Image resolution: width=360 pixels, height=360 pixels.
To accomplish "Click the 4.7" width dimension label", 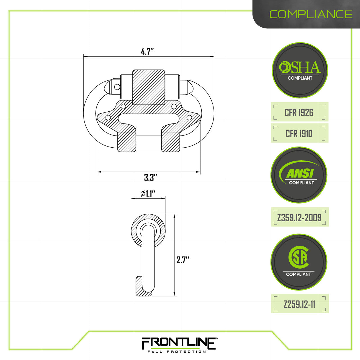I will pyautogui.click(x=147, y=51).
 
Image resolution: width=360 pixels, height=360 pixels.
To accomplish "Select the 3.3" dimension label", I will pyautogui.click(x=150, y=177).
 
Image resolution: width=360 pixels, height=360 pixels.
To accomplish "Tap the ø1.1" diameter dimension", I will pyautogui.click(x=148, y=194).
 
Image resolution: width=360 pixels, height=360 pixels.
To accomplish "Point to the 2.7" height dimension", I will pyautogui.click(x=183, y=260).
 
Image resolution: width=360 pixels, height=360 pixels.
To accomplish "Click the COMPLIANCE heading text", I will pyautogui.click(x=311, y=14).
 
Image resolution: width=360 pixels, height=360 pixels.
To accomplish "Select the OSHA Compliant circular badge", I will pyautogui.click(x=300, y=70).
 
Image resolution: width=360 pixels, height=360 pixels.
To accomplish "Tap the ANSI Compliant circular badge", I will pyautogui.click(x=299, y=175).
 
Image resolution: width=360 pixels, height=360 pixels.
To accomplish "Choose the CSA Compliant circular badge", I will pyautogui.click(x=299, y=262).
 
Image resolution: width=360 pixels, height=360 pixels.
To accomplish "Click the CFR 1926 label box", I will pyautogui.click(x=299, y=112).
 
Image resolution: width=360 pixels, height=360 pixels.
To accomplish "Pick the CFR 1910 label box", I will pyautogui.click(x=299, y=134).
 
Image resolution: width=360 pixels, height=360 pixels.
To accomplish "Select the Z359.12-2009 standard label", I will pyautogui.click(x=300, y=217).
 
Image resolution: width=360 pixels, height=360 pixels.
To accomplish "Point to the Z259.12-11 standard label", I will pyautogui.click(x=300, y=304).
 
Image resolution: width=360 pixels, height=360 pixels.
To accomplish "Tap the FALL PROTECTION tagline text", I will pyautogui.click(x=177, y=352).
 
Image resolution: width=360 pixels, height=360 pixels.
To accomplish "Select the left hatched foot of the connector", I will pyautogui.click(x=127, y=142).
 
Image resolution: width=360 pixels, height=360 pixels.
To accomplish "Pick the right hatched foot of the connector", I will pyautogui.click(x=171, y=142).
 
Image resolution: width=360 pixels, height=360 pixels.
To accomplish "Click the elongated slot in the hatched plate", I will pyautogui.click(x=148, y=119).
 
